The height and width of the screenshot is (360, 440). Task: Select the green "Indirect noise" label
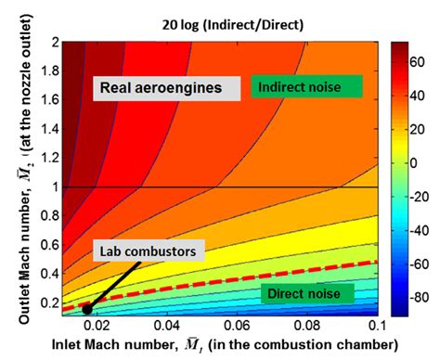click(305, 87)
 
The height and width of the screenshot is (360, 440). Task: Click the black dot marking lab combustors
click(86, 309)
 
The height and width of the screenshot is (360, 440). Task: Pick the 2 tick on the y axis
click(55, 42)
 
